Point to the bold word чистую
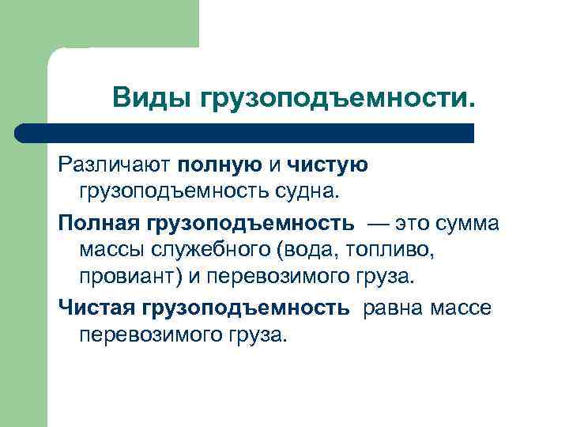(328, 164)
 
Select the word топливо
(392, 251)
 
